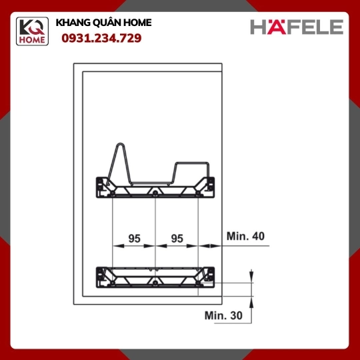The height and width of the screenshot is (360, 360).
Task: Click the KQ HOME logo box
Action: coord(32,31)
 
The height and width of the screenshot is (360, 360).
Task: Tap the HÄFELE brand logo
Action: coord(297,27)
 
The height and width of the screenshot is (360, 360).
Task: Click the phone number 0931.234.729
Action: coord(101,38)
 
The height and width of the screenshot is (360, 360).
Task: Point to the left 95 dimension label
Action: coord(134,239)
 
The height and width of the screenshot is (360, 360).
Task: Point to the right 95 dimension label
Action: coord(177,239)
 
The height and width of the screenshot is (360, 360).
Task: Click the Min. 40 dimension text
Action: coord(245,236)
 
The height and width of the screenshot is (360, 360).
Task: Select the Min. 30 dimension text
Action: coord(223,315)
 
